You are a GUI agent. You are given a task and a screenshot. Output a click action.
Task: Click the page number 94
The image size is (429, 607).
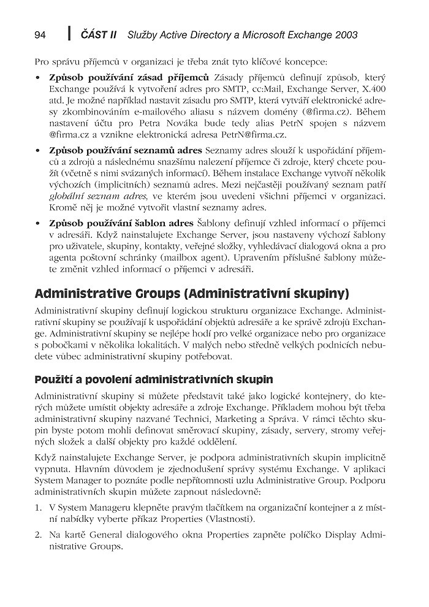coord(40,36)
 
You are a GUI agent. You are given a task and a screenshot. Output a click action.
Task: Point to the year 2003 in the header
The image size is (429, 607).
coord(344,36)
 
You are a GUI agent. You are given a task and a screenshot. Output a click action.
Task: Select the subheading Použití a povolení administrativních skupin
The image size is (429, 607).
coord(154,380)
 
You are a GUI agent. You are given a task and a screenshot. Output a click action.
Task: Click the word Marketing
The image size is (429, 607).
coord(238,420)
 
